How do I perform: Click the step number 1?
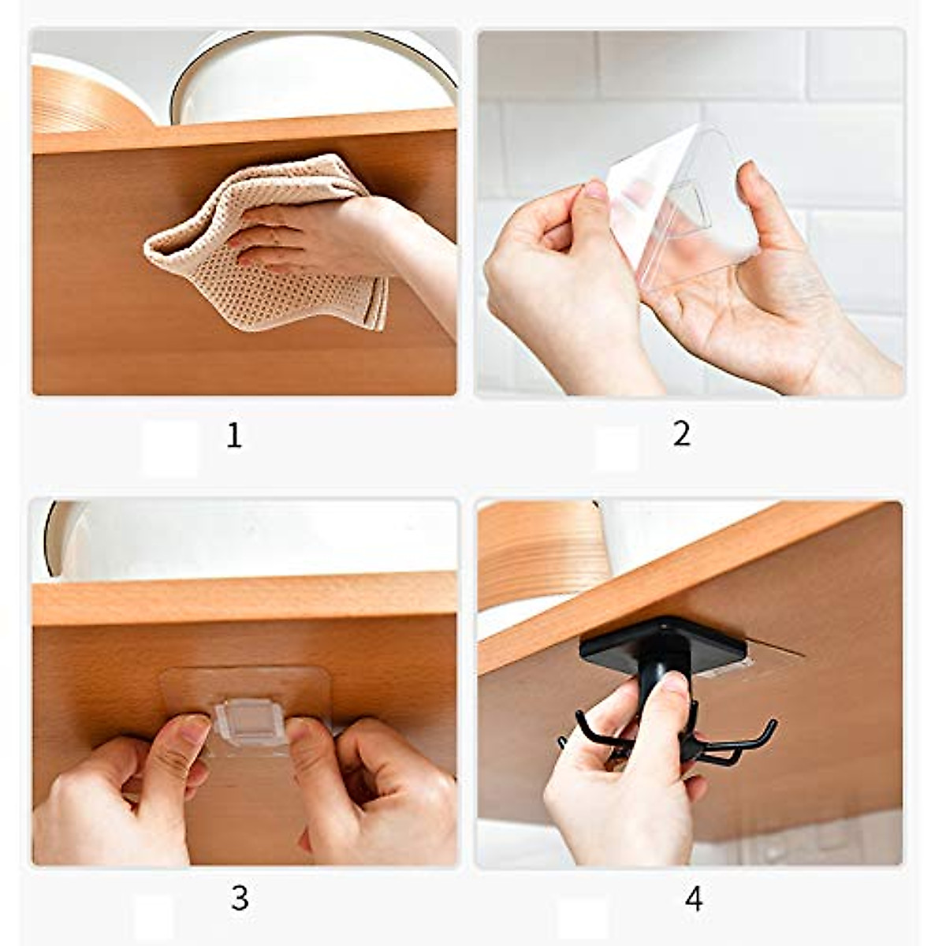233,435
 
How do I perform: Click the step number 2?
682,434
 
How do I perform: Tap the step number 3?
240,897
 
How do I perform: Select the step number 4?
694,898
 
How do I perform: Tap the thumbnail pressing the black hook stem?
674,682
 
